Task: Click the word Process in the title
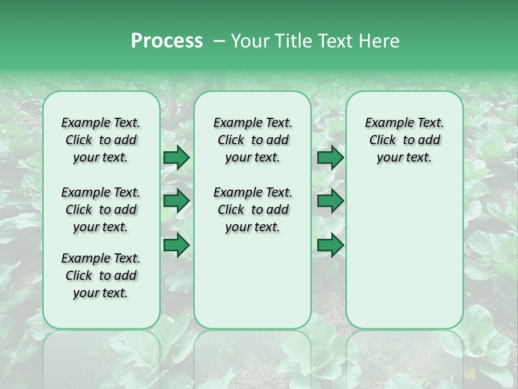click(167, 41)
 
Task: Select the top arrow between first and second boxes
click(176, 158)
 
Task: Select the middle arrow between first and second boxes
click(176, 201)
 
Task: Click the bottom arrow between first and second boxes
click(176, 245)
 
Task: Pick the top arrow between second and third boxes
click(330, 158)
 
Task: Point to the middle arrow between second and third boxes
click(330, 201)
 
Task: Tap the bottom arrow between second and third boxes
click(330, 245)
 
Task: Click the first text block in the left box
click(101, 140)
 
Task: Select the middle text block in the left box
click(101, 210)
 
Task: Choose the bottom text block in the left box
click(101, 276)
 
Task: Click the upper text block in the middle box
click(253, 140)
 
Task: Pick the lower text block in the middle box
click(253, 210)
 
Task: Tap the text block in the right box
click(404, 140)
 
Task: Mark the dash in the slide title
click(219, 41)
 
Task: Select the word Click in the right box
click(383, 140)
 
